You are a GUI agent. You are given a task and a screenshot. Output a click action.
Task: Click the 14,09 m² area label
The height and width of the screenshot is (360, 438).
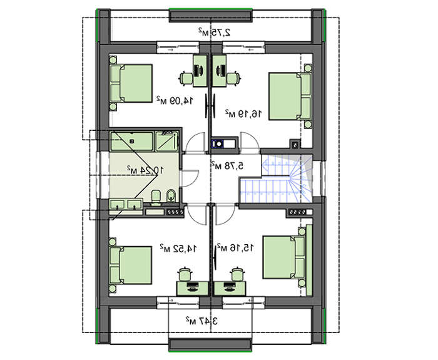(175, 100)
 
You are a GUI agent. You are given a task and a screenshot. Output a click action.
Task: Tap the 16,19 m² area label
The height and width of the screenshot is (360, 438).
(244, 113)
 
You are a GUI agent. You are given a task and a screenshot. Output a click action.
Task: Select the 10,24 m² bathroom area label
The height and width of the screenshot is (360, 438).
(145, 170)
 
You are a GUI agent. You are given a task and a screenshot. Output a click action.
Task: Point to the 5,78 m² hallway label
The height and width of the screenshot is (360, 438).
(227, 165)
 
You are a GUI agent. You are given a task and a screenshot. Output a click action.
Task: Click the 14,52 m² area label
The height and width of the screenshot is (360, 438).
(178, 248)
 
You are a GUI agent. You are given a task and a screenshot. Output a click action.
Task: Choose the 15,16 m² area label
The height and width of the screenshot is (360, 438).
(236, 247)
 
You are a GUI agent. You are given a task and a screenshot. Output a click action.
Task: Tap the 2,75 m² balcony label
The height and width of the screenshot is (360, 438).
(215, 32)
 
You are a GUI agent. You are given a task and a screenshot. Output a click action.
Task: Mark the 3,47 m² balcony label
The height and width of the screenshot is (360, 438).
(201, 321)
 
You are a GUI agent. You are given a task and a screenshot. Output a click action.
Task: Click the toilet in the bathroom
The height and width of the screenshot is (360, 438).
(156, 197)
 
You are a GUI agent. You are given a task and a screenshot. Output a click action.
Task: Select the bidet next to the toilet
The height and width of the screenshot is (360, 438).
(171, 196)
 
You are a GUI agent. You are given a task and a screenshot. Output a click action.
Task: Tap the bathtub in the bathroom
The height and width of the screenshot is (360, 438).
(132, 141)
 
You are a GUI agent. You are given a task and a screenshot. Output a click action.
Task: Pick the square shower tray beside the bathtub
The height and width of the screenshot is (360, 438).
(167, 141)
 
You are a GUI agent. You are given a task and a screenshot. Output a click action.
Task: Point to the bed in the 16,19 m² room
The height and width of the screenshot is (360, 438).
(290, 96)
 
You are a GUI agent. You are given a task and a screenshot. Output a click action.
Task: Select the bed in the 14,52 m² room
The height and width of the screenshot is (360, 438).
(131, 265)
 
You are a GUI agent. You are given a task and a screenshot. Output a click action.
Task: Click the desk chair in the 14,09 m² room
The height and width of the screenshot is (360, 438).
(186, 78)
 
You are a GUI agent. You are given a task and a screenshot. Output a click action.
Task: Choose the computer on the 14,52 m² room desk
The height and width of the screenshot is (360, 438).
(192, 287)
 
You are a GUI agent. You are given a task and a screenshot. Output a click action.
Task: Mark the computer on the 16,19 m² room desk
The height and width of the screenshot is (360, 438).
(221, 70)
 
